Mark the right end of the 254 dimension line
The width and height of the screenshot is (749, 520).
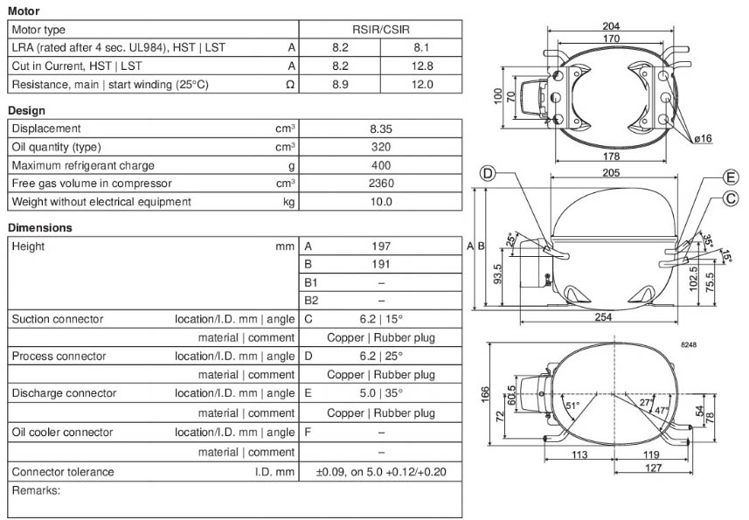(x=677, y=322)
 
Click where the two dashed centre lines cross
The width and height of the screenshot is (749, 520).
(x=614, y=394)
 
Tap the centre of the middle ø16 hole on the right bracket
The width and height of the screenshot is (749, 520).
(x=665, y=97)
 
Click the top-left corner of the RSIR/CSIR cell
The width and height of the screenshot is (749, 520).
(x=299, y=20)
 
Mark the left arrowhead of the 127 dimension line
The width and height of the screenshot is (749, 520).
(x=614, y=473)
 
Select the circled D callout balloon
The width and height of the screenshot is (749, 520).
(x=488, y=173)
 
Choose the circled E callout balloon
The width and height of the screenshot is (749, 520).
(x=731, y=177)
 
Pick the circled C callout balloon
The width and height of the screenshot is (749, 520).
(x=731, y=198)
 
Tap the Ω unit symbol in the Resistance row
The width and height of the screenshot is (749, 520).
(x=290, y=85)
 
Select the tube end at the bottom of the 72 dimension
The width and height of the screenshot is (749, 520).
(x=544, y=440)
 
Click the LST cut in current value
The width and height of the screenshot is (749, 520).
(x=422, y=66)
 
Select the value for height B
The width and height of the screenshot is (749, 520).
(x=381, y=265)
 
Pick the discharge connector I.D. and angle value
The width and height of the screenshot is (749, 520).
(x=381, y=393)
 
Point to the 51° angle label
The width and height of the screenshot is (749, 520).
(x=572, y=406)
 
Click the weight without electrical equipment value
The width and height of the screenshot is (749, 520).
(x=381, y=202)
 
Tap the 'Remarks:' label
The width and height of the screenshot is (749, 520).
(x=37, y=491)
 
